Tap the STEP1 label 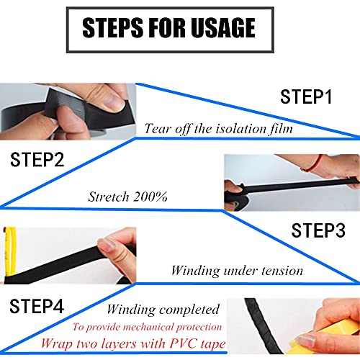pos(306,96)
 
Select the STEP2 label pos(37,160)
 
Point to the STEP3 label pos(318,230)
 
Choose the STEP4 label pos(37,306)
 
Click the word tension pos(282,271)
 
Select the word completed pos(189,310)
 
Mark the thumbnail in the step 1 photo pos(114,102)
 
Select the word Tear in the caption pos(157,128)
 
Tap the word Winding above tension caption pos(195,271)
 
